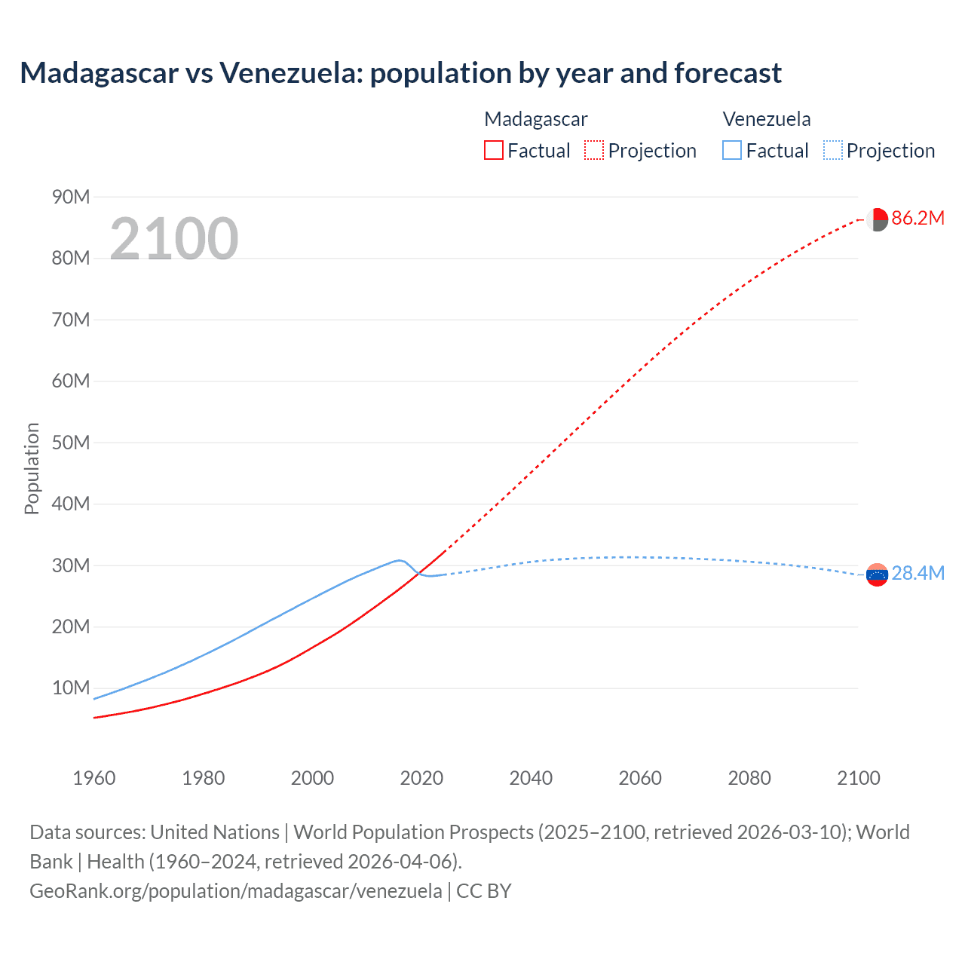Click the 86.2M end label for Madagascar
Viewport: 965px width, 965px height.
(x=918, y=219)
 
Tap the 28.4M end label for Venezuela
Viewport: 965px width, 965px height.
(x=918, y=574)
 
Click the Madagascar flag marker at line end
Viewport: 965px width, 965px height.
(x=877, y=219)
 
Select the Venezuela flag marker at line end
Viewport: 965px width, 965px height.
(x=877, y=575)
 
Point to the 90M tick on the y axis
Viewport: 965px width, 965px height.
(x=71, y=198)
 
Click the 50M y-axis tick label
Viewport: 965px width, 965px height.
(x=71, y=443)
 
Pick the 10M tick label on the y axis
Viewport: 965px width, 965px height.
(x=71, y=688)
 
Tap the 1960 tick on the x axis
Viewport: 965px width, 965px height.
(x=94, y=778)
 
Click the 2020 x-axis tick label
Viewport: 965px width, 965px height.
(x=421, y=778)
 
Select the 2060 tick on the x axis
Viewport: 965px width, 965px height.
(x=640, y=778)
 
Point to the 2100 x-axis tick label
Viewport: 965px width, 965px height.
(x=858, y=778)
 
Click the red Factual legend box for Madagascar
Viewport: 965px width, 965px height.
(x=494, y=150)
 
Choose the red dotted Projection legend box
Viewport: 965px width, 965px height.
(x=594, y=150)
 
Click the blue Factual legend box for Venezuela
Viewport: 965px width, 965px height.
(x=732, y=150)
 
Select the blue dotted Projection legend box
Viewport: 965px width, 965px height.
(x=832, y=150)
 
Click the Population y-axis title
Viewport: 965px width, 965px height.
(x=32, y=468)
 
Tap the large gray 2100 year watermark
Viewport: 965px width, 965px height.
(x=174, y=239)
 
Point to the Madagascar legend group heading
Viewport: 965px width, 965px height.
(x=535, y=119)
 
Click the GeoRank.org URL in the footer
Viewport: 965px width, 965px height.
(x=236, y=891)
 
